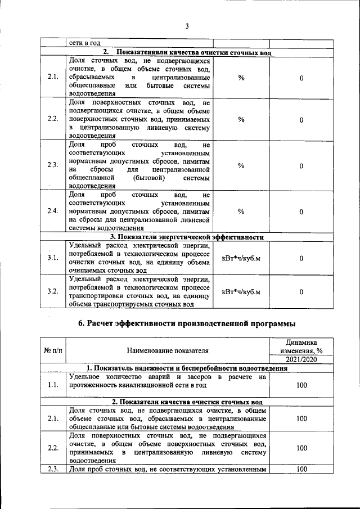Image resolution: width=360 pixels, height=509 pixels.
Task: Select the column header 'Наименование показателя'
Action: (168, 351)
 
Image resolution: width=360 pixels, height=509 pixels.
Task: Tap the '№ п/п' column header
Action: (53, 351)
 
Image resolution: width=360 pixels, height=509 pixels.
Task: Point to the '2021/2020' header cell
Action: (301, 359)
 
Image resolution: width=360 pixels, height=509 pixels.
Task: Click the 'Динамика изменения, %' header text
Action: (301, 346)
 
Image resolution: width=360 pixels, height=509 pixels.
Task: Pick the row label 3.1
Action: (53, 258)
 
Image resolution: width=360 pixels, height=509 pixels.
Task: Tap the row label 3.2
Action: (53, 291)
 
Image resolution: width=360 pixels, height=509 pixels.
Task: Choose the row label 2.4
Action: (53, 211)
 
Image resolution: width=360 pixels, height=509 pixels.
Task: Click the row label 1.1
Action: (53, 385)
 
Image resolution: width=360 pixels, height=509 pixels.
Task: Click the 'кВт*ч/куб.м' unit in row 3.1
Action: (241, 258)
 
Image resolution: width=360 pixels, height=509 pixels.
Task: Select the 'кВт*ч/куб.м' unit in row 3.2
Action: (241, 291)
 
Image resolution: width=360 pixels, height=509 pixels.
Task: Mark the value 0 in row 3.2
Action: (301, 291)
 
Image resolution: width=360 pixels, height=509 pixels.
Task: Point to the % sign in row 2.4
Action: (241, 211)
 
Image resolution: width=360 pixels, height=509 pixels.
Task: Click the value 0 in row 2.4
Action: (301, 211)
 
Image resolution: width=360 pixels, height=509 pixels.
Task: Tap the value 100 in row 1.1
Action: (301, 385)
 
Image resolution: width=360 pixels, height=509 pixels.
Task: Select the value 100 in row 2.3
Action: (301, 469)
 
